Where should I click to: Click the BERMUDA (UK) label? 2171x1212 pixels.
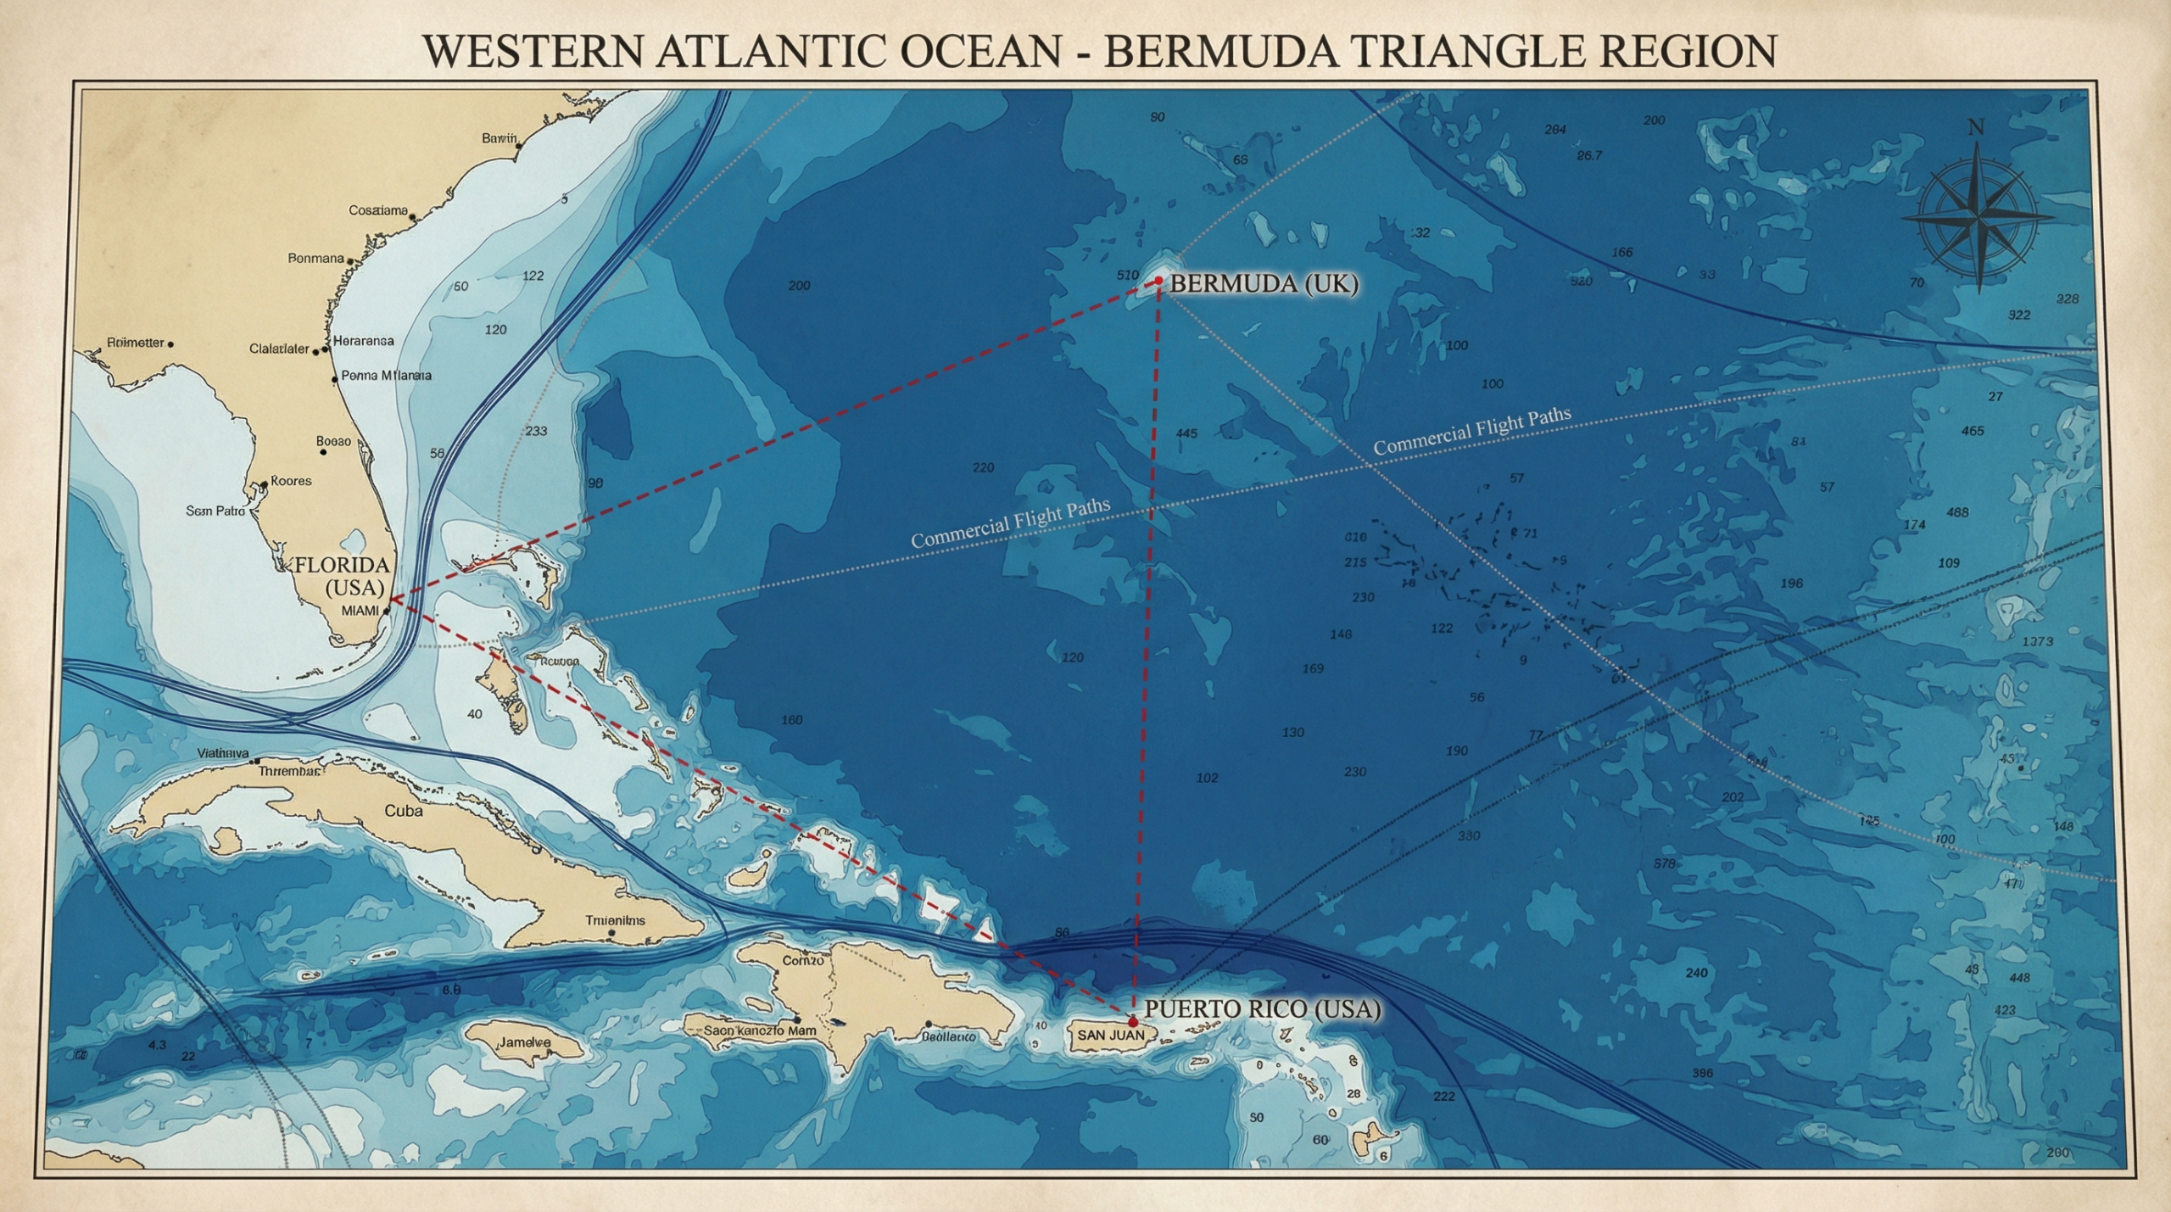1264,284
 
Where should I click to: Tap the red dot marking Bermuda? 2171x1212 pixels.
1158,281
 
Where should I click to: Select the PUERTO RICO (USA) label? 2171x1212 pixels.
1262,1009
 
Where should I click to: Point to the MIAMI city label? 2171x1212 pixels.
360,611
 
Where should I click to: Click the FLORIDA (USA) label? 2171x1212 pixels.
342,576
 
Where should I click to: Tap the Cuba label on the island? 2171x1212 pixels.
404,811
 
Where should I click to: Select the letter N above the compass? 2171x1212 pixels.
1975,128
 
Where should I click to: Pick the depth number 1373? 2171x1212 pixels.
2037,641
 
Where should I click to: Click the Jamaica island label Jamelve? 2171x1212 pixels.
524,1043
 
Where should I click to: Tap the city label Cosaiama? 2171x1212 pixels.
378,210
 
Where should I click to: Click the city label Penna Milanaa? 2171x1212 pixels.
386,376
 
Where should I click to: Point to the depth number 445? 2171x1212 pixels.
1186,434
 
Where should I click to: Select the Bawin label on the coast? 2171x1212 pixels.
499,138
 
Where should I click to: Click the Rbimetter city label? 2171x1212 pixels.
136,343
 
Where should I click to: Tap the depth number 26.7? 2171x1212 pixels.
1589,156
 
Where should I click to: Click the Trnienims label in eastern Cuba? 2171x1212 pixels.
615,920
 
